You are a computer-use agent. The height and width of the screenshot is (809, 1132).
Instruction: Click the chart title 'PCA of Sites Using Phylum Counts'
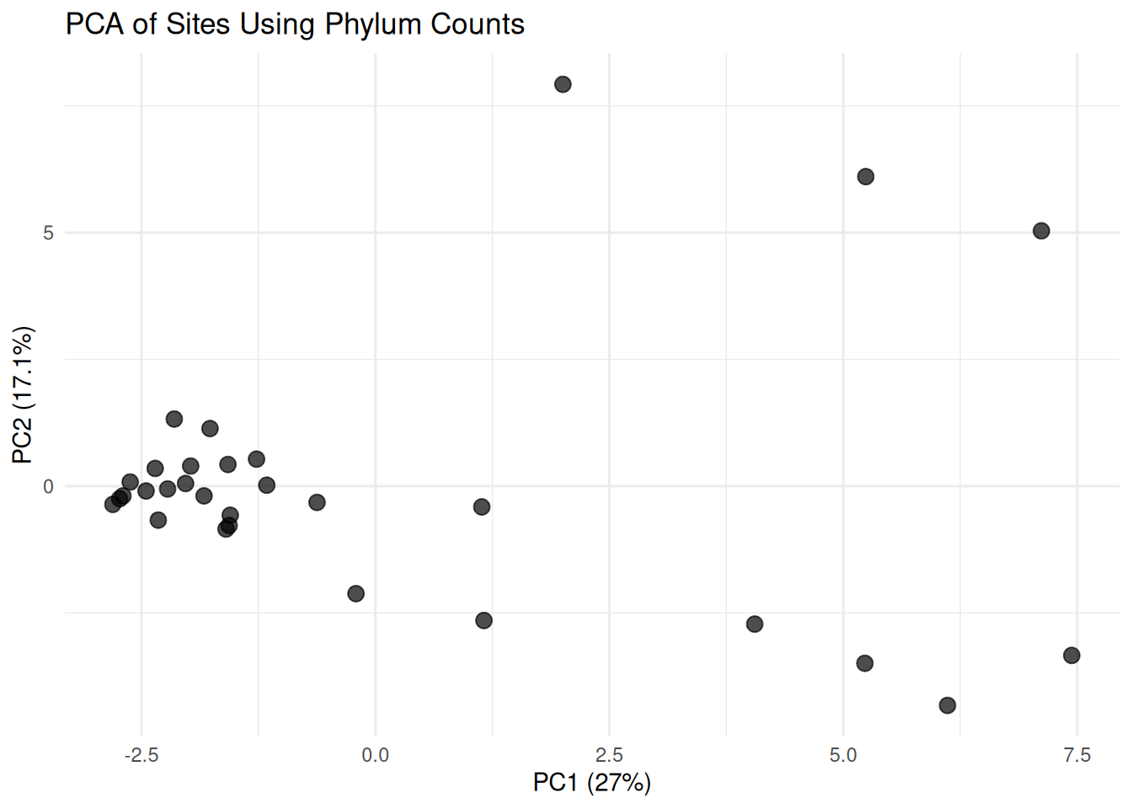click(295, 24)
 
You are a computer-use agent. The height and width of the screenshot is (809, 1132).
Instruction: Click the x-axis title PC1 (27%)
click(591, 782)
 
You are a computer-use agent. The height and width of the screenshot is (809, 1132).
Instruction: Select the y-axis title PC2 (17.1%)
click(23, 395)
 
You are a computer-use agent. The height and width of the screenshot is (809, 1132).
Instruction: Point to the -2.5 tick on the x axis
click(141, 754)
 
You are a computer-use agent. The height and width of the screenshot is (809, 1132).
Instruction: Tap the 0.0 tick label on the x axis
click(376, 754)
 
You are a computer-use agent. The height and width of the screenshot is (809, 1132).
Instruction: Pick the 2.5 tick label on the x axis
click(609, 754)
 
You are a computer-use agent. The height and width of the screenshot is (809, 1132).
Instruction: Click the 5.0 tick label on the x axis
click(843, 754)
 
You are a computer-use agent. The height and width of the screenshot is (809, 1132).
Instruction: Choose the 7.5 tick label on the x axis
click(1076, 754)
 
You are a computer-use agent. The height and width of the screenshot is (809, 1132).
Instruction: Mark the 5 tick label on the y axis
click(48, 233)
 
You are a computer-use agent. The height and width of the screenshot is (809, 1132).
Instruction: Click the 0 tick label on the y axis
click(48, 486)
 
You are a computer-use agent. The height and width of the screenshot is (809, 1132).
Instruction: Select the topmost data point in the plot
click(563, 84)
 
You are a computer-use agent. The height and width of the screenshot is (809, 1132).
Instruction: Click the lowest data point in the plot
click(948, 705)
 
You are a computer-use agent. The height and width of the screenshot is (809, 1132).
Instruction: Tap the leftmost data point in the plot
click(113, 504)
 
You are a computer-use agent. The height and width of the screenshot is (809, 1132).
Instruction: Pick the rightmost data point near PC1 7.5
click(1071, 656)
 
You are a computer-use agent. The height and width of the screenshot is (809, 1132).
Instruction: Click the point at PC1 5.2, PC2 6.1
click(865, 177)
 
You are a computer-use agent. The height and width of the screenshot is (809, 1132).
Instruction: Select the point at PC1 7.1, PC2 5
click(1041, 231)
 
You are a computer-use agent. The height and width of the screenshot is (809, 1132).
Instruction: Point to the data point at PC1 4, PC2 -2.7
click(755, 624)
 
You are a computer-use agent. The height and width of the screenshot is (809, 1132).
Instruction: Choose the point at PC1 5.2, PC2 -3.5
click(864, 663)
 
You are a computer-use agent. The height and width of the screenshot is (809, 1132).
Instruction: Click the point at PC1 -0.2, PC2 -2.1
click(355, 594)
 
